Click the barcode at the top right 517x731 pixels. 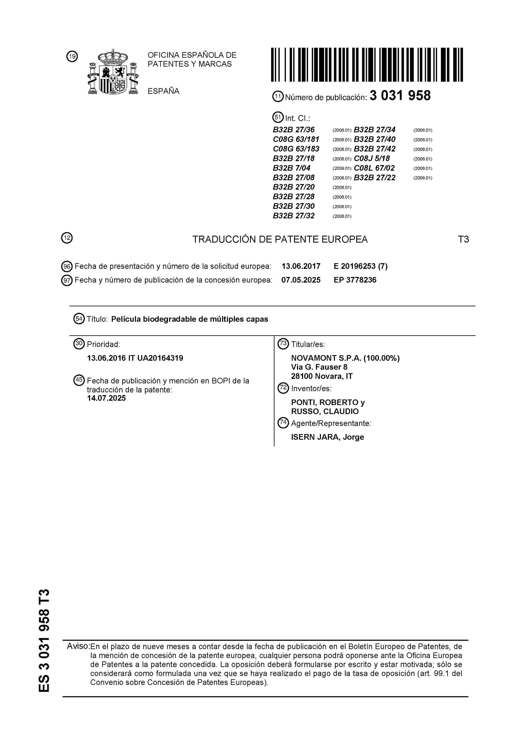coord(367,65)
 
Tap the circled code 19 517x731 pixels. coord(72,57)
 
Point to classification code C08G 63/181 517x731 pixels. coord(296,139)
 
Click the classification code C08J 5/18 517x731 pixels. coord(372,159)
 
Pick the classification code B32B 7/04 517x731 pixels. coord(292,168)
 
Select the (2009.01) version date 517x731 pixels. coord(342,168)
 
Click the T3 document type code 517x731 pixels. coord(463,239)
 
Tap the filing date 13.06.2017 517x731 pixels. coord(301,266)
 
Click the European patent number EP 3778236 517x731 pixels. coord(355,280)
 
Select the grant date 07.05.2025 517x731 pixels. coord(301,280)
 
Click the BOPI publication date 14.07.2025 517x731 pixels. coord(106,398)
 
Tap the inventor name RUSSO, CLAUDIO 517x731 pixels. coord(325,412)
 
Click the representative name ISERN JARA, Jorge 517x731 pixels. coord(327,437)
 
